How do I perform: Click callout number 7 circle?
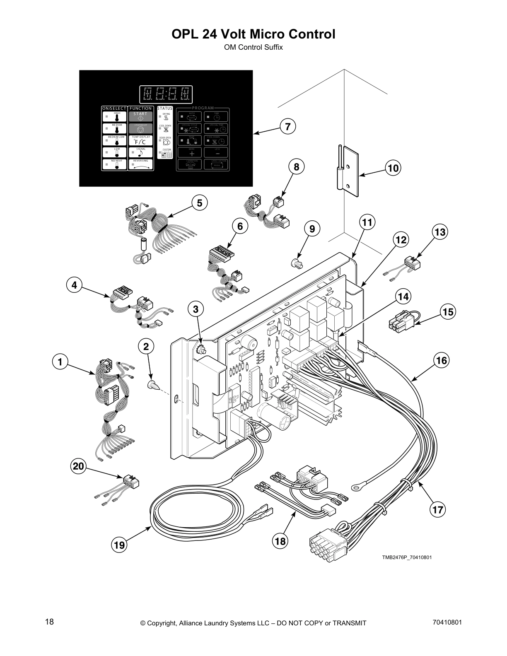click(x=288, y=126)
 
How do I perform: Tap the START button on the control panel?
click(x=140, y=116)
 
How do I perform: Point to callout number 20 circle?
click(x=78, y=467)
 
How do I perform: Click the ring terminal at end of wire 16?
click(x=355, y=487)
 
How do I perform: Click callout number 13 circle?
click(x=440, y=232)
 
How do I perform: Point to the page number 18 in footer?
click(x=49, y=622)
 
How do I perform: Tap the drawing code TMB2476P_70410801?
click(x=407, y=557)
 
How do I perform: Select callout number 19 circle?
click(x=119, y=545)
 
